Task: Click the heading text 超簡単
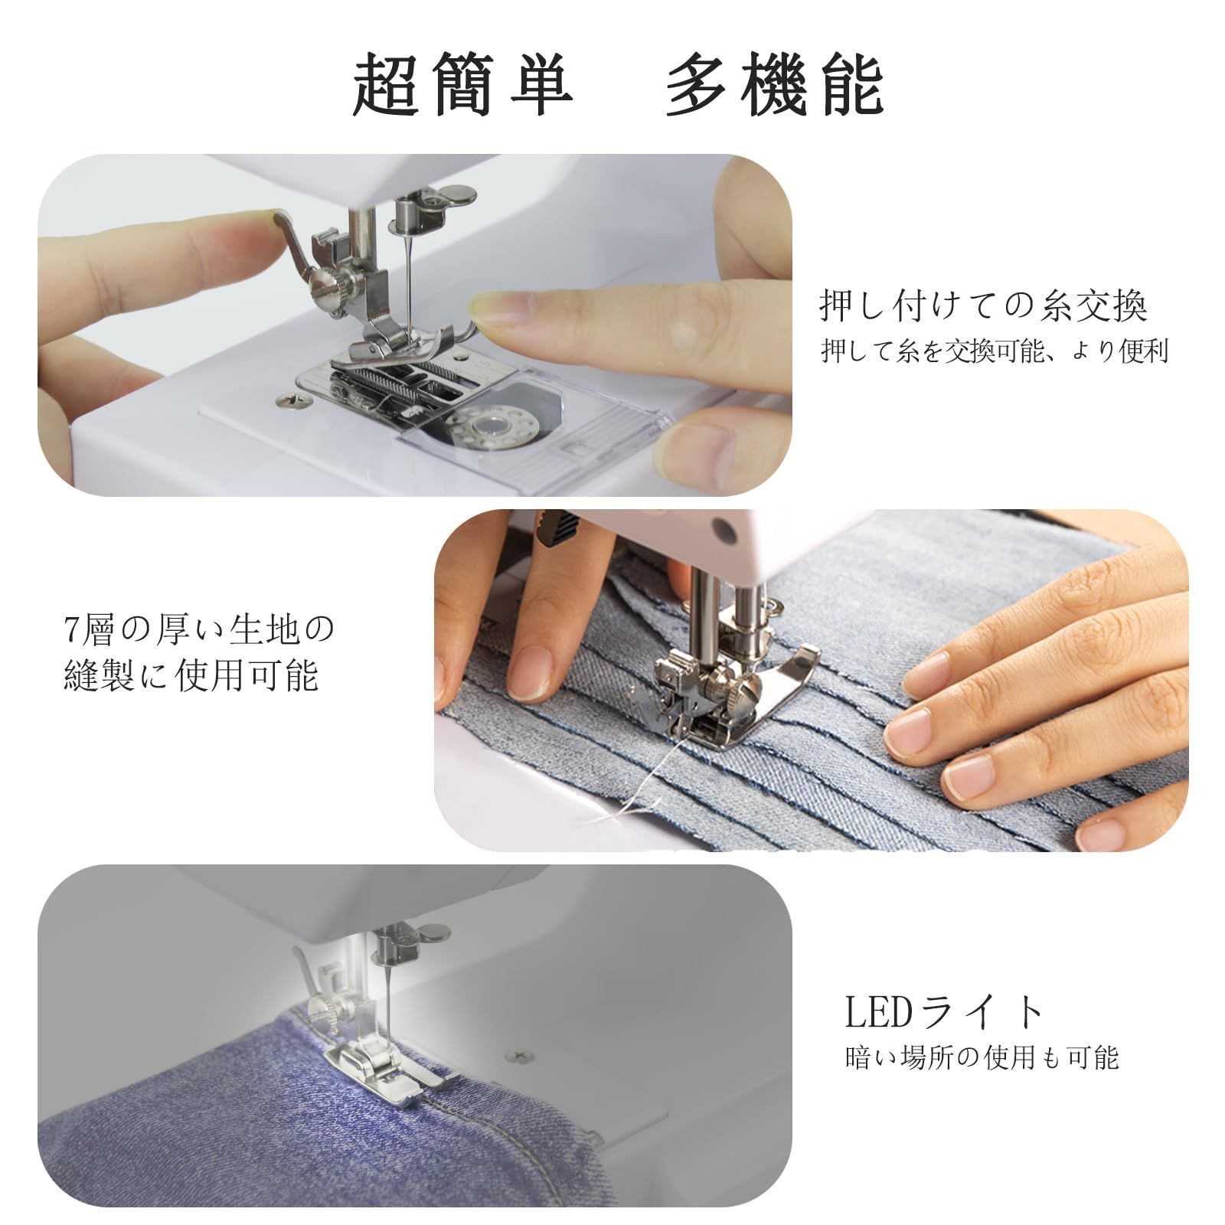tap(462, 85)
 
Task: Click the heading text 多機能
tap(776, 85)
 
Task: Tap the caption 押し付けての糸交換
tap(984, 305)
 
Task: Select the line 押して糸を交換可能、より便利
tap(995, 351)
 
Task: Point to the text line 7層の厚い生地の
tap(200, 630)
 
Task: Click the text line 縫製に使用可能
tap(191, 675)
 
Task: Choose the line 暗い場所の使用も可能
tap(982, 1057)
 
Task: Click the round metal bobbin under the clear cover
tap(486, 426)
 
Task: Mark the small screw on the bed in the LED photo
tap(517, 1057)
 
